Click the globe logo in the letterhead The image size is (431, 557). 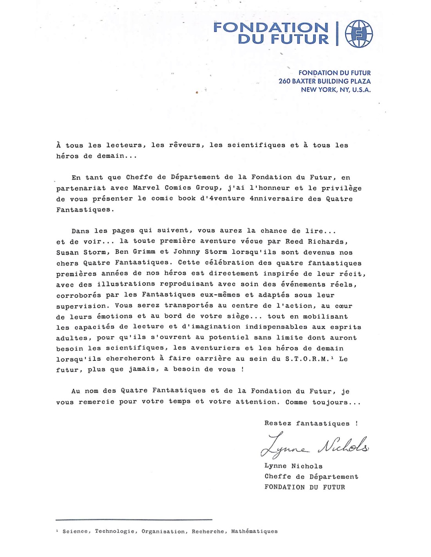tap(359, 34)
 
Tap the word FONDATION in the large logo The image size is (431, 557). tap(271, 27)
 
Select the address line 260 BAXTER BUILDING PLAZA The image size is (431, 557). tap(324, 81)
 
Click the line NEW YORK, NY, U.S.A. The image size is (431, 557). tap(335, 90)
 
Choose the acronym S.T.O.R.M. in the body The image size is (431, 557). tap(309, 359)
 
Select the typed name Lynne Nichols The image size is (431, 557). tap(293, 466)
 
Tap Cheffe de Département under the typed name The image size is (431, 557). tap(311, 477)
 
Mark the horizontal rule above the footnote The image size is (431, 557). tap(134, 520)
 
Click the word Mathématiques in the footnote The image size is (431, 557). tap(254, 532)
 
